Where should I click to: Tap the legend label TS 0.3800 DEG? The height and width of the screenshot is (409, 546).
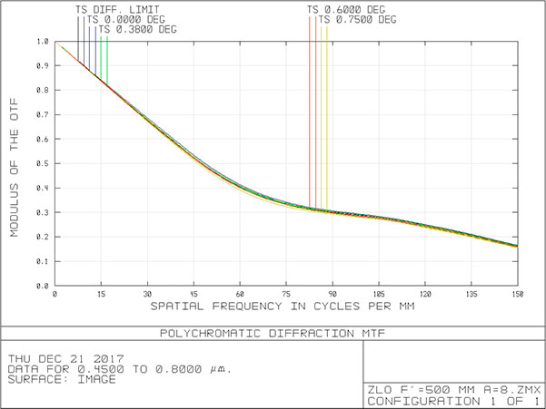click(x=137, y=29)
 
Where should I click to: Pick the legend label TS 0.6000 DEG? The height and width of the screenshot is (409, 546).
click(x=346, y=10)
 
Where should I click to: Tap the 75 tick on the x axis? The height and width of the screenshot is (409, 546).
click(x=286, y=296)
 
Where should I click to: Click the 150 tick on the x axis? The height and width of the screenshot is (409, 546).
click(x=517, y=296)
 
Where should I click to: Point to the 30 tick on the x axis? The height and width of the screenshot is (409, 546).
click(x=148, y=296)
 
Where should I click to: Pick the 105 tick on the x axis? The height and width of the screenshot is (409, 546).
click(x=379, y=296)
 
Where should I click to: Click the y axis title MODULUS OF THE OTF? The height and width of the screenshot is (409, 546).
click(x=15, y=164)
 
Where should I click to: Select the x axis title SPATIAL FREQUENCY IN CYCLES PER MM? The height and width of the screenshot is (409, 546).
click(x=286, y=308)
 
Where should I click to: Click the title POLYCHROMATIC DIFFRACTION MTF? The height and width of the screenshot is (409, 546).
click(x=273, y=333)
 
